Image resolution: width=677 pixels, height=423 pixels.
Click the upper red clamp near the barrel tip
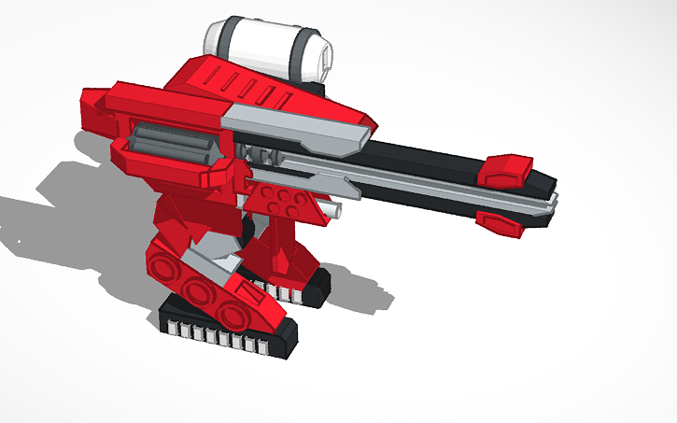505,169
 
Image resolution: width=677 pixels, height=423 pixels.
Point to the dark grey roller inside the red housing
168,144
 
